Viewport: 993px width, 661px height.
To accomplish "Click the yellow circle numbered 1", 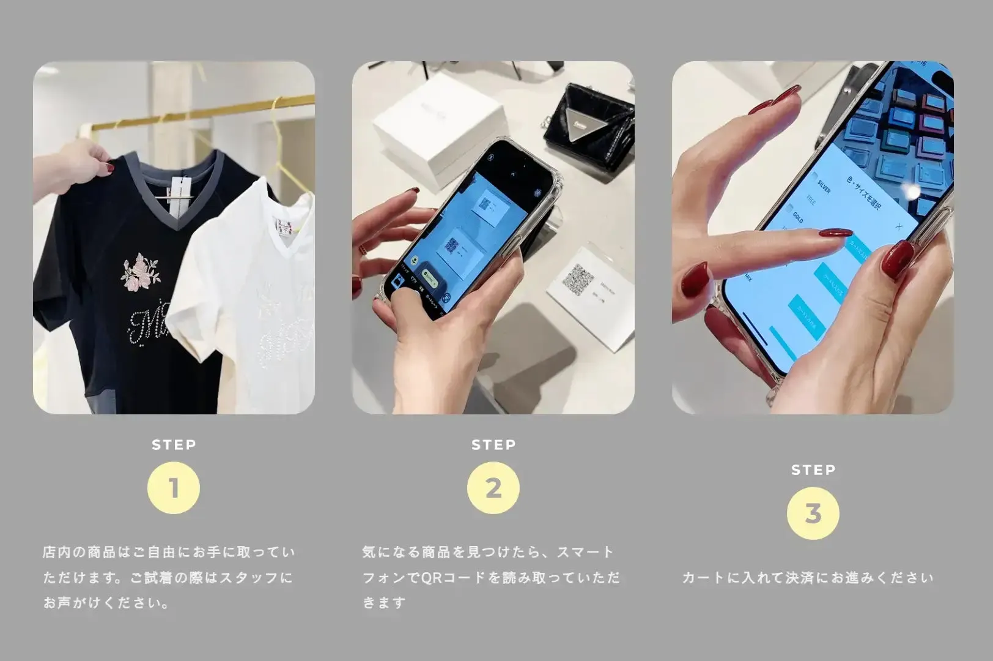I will coord(174,488).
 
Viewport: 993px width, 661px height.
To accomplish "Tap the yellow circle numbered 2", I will coord(493,488).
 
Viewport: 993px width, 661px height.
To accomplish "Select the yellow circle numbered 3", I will coord(813,513).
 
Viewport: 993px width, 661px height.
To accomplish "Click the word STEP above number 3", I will coord(813,470).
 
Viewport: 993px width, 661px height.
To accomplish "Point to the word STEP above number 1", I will coord(174,445).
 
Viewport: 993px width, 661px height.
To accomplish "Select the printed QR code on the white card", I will coord(578,280).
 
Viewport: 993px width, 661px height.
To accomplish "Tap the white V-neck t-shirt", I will coord(245,294).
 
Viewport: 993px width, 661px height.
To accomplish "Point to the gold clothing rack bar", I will coord(208,113).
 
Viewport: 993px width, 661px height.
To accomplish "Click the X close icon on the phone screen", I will coord(898,226).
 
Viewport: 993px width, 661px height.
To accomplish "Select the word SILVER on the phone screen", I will coord(824,187).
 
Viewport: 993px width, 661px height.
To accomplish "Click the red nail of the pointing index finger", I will coord(836,233).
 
